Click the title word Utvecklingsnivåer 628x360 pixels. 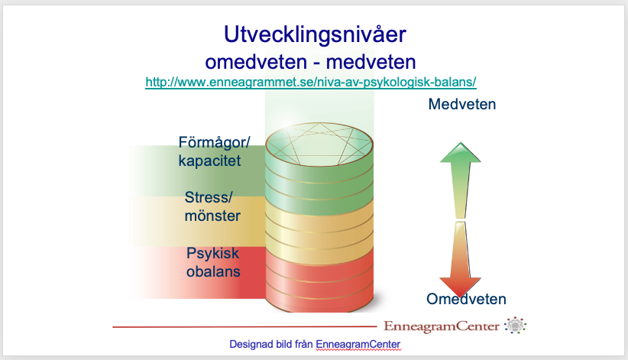click(315, 35)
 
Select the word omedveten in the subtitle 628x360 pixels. click(256, 62)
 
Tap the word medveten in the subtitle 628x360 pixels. click(371, 62)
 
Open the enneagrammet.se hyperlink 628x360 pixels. click(311, 83)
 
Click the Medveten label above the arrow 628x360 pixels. click(461, 104)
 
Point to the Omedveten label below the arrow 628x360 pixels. click(466, 299)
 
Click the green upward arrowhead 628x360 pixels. click(461, 153)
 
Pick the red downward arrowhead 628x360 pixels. click(460, 287)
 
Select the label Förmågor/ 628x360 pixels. click(214, 143)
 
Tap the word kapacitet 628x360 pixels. click(209, 161)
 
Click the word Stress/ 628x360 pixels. click(209, 197)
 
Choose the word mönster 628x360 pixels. click(212, 216)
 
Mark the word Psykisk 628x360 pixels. click(212, 254)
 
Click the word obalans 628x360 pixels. click(213, 271)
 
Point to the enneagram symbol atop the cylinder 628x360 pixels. click(319, 144)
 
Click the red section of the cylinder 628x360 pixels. click(319, 280)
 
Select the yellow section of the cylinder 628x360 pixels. click(319, 231)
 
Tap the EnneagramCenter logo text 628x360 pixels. click(442, 326)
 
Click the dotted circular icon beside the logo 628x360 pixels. click(516, 325)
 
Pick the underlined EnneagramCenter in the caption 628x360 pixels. click(358, 345)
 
